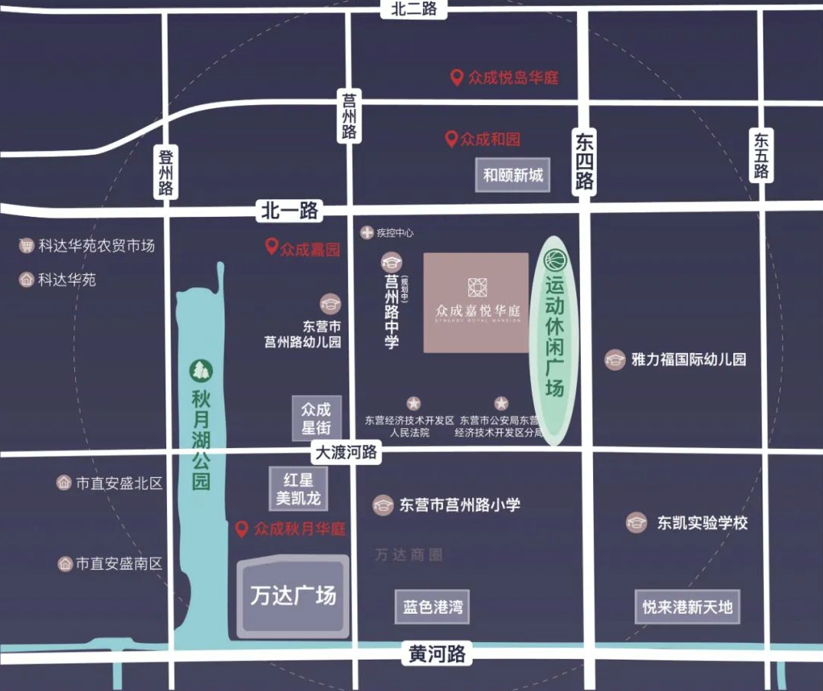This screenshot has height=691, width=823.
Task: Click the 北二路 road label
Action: [413, 8]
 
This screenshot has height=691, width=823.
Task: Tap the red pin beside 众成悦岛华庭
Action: [456, 77]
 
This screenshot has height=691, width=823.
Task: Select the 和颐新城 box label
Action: [513, 175]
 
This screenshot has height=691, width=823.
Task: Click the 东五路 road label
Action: [761, 155]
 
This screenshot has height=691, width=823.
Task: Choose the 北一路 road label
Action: [289, 211]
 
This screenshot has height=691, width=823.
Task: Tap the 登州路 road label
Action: [166, 172]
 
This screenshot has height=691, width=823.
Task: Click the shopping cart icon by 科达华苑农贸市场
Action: [27, 246]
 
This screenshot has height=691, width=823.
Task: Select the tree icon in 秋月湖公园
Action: [201, 370]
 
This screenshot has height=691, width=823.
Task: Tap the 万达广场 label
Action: [293, 595]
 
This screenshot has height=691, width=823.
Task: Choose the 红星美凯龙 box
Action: [299, 489]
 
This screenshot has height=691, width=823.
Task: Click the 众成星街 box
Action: [316, 418]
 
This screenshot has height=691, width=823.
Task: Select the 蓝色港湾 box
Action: [433, 607]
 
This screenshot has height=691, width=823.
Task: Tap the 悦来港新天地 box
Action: [687, 607]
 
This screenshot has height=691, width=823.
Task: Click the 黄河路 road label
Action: [437, 654]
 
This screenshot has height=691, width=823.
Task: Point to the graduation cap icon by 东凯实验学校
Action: [635, 523]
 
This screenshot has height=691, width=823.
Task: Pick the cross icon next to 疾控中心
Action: [367, 232]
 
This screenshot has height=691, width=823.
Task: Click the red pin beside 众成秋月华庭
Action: [241, 529]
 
